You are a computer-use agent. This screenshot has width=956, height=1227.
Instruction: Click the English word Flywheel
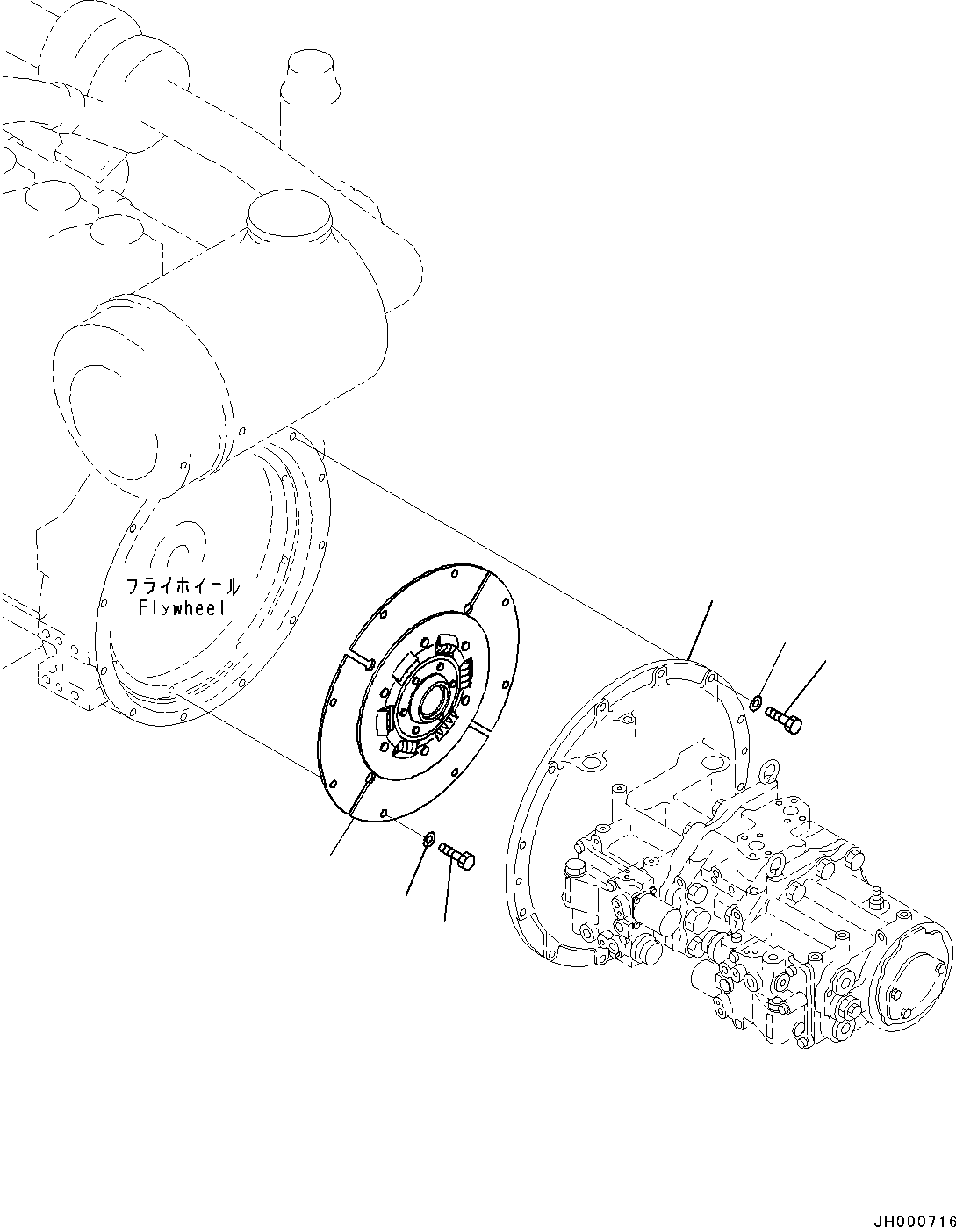(182, 607)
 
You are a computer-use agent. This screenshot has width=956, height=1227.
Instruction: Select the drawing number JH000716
(909, 1215)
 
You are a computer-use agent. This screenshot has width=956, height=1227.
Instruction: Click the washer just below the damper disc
(430, 839)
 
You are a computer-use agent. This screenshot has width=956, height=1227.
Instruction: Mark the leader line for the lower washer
(416, 869)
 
